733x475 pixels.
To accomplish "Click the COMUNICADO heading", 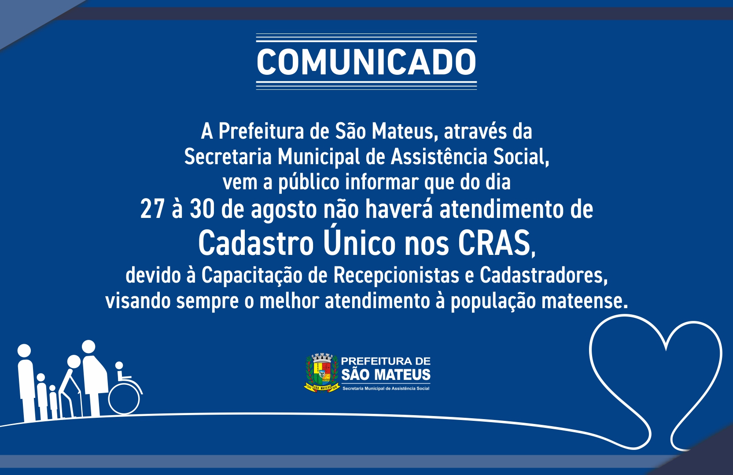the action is tap(366, 62).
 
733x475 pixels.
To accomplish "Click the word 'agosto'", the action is tap(284, 211).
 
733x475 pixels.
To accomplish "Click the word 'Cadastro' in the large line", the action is tap(256, 243).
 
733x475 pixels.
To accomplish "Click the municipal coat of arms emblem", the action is tap(322, 372).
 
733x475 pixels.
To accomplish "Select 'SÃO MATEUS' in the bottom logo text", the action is tap(386, 375).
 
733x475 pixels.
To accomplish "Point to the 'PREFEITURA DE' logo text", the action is tap(386, 361).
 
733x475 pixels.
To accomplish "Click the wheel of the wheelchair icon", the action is tap(124, 398).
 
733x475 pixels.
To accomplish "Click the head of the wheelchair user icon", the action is tap(119, 366).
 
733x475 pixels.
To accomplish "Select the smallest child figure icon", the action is tap(53, 402).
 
